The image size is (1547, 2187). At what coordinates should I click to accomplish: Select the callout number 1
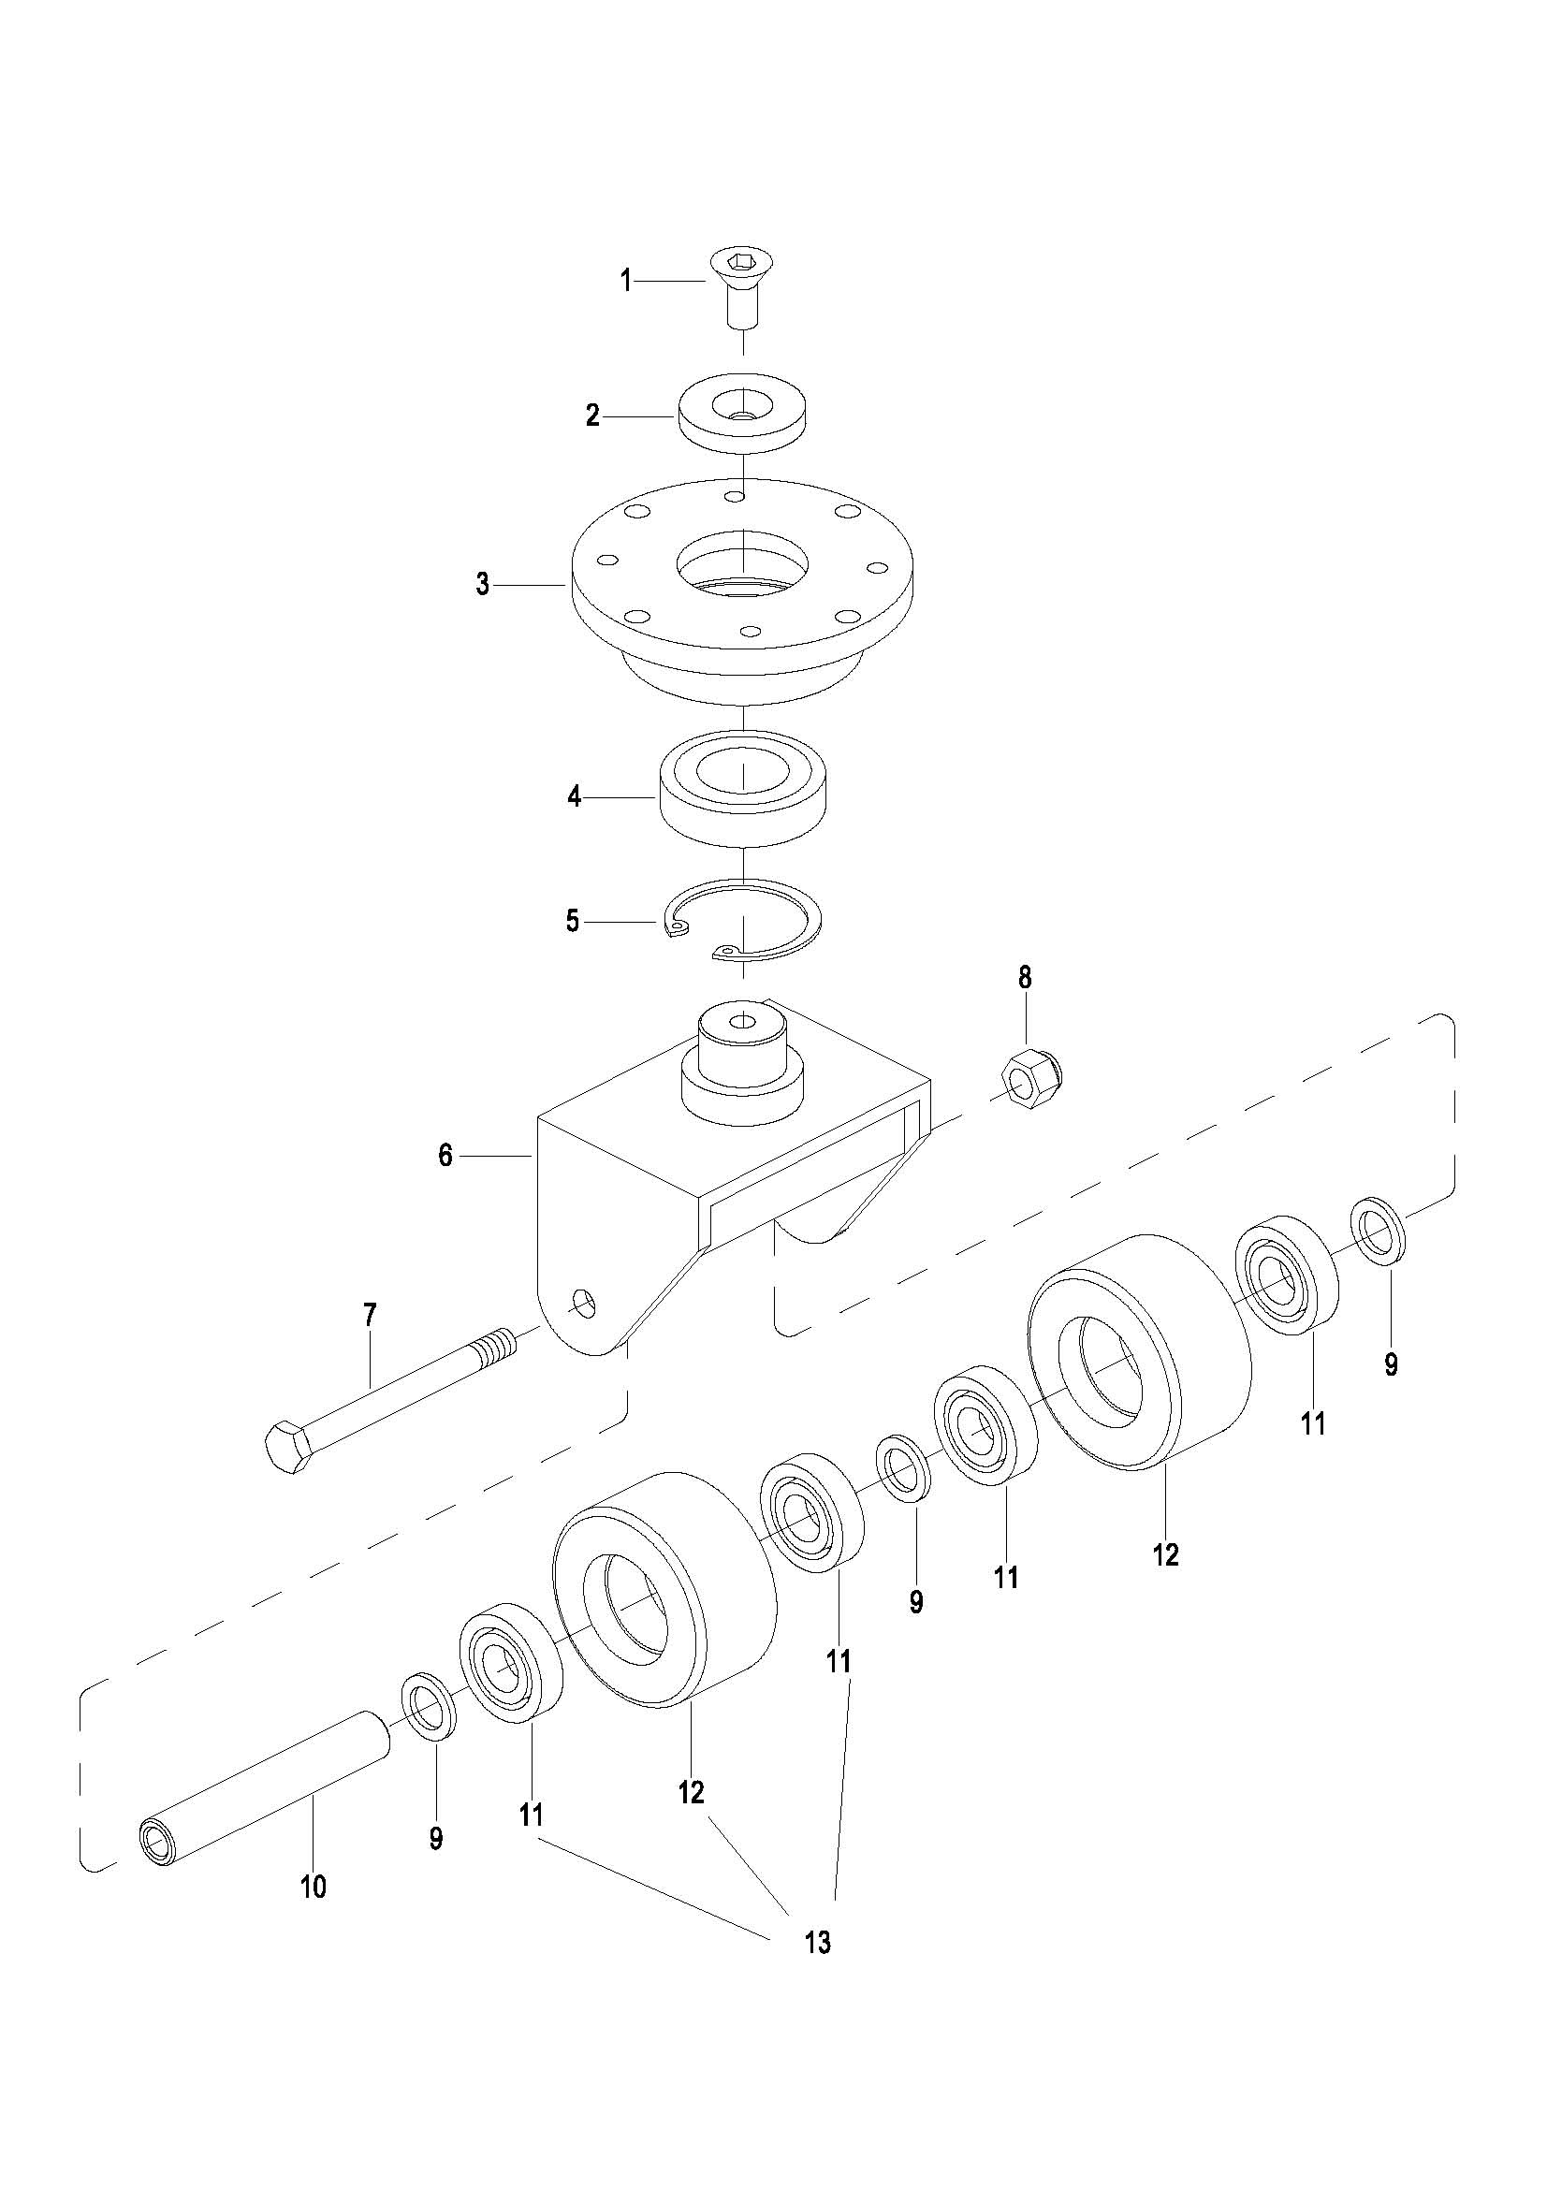tap(626, 281)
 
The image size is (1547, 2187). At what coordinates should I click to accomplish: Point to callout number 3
tap(483, 584)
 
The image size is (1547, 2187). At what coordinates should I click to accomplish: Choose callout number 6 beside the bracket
tap(445, 1156)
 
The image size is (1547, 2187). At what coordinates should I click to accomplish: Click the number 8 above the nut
tap(1025, 977)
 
